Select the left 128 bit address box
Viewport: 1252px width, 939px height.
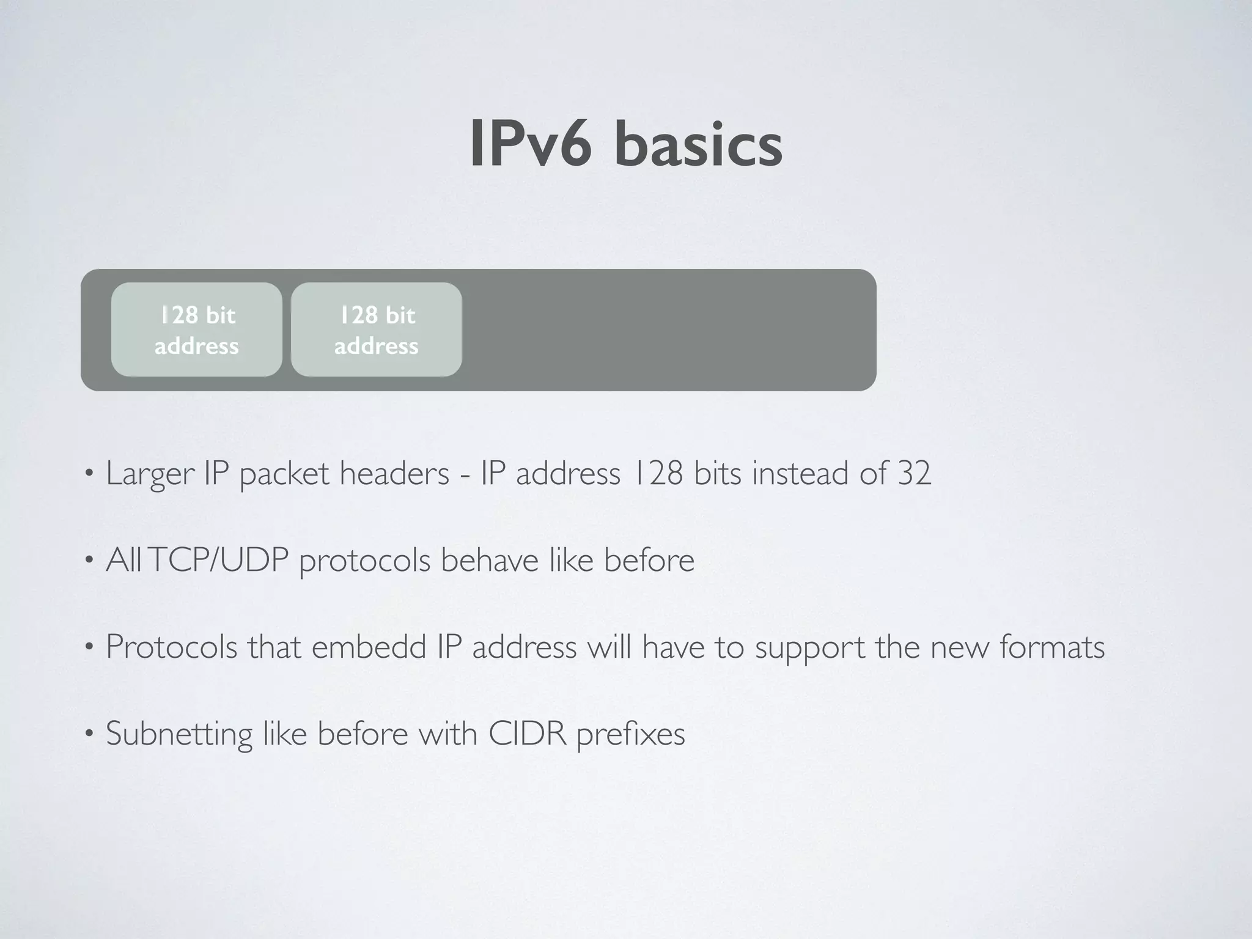pos(196,330)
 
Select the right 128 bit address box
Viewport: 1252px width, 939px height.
pos(376,330)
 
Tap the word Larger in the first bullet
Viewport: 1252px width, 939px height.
pos(150,474)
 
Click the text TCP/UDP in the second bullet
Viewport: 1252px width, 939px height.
pos(218,560)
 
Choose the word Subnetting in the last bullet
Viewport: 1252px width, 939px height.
pos(179,734)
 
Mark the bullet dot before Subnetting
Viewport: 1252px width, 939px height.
pos(89,733)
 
